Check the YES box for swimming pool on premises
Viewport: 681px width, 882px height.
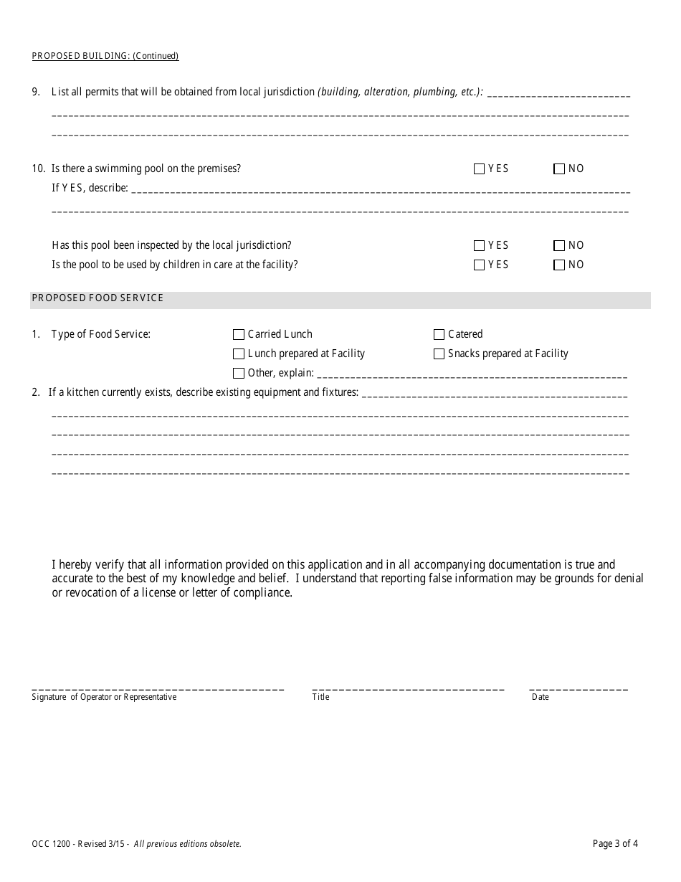(479, 169)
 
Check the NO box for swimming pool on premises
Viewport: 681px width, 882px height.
(559, 169)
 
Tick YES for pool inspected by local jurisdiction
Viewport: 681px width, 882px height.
(479, 246)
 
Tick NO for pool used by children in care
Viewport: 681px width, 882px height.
(559, 265)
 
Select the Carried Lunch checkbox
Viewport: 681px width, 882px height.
(239, 335)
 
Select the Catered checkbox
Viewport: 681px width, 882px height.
(439, 335)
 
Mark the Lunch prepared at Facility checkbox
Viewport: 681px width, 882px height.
(239, 354)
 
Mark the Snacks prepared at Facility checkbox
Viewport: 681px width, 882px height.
(439, 354)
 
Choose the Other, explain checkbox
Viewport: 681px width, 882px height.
(239, 374)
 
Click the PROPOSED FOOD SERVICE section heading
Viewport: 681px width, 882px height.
(97, 298)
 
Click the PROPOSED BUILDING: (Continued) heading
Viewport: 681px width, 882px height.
(105, 56)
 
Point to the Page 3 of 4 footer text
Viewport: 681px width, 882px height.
(615, 844)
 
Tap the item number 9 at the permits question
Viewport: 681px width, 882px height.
(36, 93)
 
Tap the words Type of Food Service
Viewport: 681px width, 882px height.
(101, 335)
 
